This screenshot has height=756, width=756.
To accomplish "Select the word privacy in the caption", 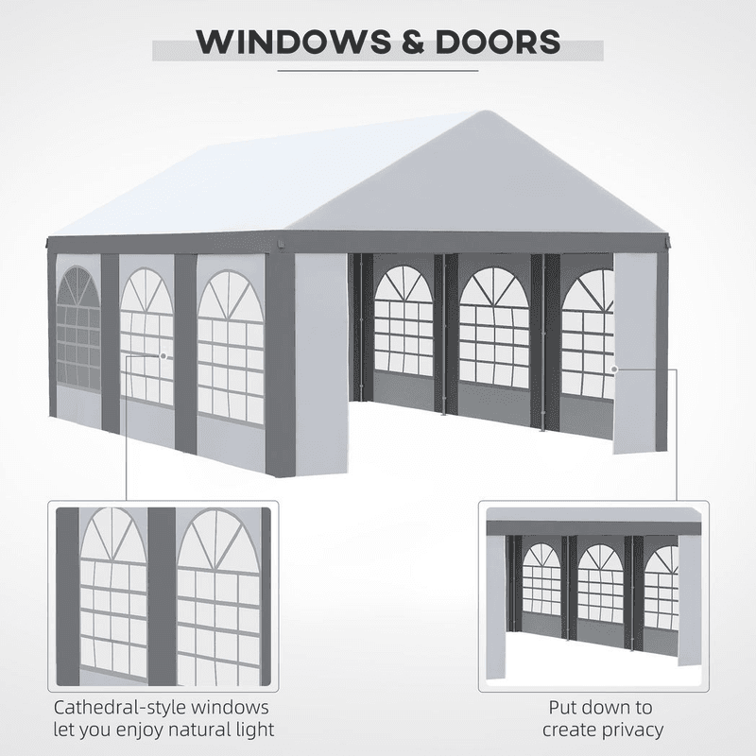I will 631,730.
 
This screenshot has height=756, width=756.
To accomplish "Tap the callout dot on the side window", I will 163,356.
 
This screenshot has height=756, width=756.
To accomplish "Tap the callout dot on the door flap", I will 614,369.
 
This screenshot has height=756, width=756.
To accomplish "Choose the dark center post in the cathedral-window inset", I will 162,595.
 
